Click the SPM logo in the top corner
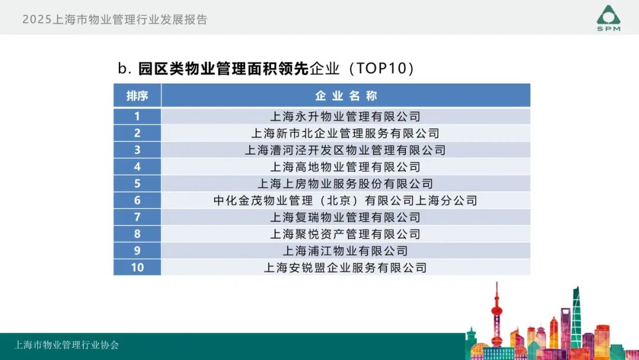(x=608, y=18)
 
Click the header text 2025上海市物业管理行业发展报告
(x=115, y=20)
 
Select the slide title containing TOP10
(x=266, y=68)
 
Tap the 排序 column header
(x=137, y=96)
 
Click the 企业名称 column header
(x=346, y=96)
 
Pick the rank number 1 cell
(x=137, y=116)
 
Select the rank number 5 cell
(x=137, y=184)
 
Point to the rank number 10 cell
(x=137, y=268)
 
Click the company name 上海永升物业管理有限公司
(x=345, y=117)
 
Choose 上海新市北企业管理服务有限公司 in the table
(x=345, y=133)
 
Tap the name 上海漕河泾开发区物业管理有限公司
(x=345, y=150)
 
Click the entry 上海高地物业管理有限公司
(x=345, y=167)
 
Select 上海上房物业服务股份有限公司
(x=345, y=184)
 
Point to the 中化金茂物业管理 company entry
(x=345, y=200)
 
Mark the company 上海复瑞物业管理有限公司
(x=345, y=217)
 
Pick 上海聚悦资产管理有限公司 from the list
(x=345, y=234)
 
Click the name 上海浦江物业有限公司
(x=345, y=250)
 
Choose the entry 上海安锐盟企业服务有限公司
(x=345, y=268)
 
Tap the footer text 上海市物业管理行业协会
(x=67, y=345)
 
